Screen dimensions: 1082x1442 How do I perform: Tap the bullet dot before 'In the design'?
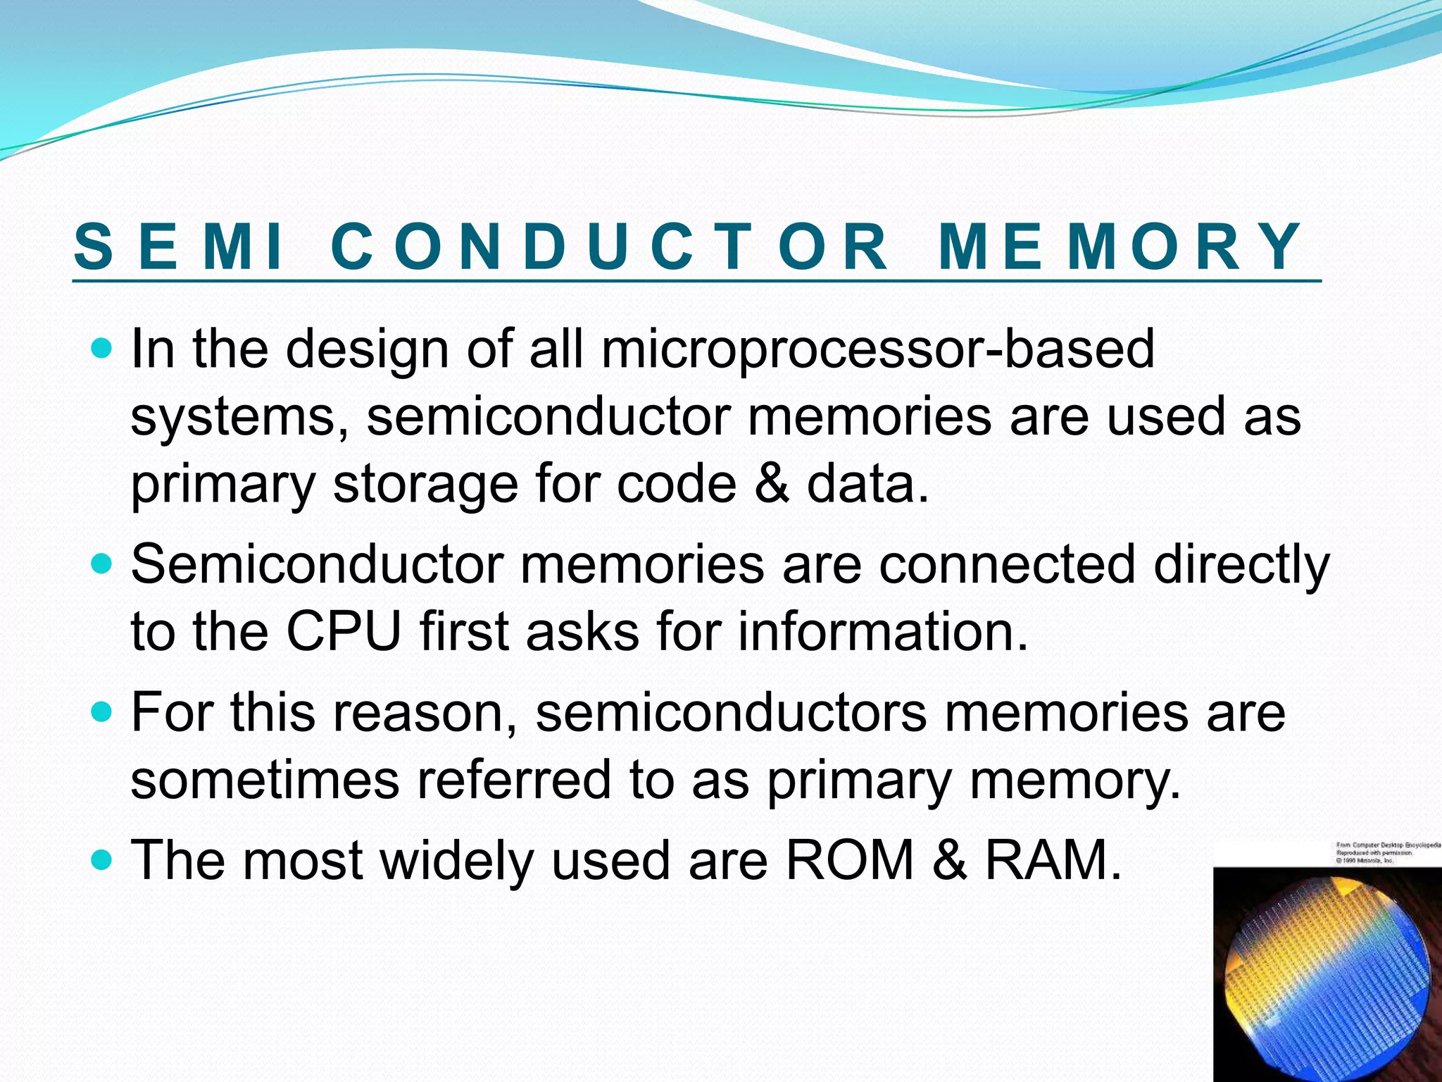click(102, 348)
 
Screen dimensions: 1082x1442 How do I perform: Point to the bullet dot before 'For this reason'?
click(102, 712)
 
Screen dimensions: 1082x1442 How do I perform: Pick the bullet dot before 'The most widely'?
click(102, 859)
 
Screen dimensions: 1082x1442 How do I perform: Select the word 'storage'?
click(425, 484)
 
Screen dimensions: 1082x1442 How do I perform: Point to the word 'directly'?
click(1241, 566)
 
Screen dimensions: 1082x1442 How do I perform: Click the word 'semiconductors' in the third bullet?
click(730, 712)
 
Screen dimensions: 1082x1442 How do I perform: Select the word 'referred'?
click(513, 780)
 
